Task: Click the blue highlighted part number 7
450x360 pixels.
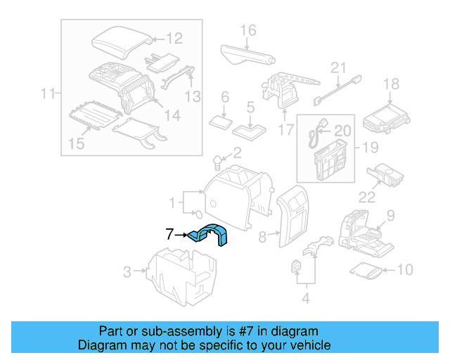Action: [x=210, y=235]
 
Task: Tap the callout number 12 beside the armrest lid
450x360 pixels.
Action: [x=174, y=39]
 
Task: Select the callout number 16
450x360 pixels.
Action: [x=248, y=30]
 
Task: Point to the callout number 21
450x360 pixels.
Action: [x=340, y=68]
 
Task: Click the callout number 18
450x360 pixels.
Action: [x=390, y=84]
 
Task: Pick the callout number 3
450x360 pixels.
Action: [x=127, y=271]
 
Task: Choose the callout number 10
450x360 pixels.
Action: [x=406, y=269]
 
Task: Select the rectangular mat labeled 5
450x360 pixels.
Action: [x=250, y=129]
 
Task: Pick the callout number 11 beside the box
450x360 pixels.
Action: [x=48, y=92]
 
